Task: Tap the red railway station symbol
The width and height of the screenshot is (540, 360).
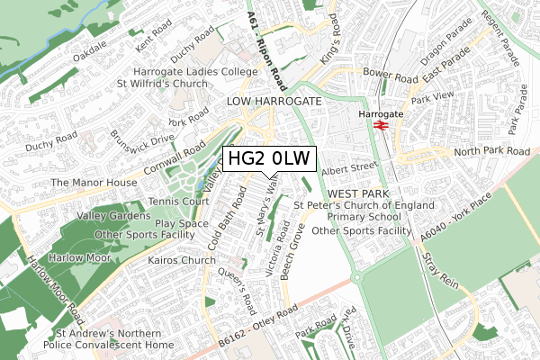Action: pyautogui.click(x=381, y=127)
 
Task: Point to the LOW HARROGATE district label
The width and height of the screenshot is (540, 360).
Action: pyautogui.click(x=274, y=102)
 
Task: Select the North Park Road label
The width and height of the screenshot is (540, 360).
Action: pyautogui.click(x=491, y=151)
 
